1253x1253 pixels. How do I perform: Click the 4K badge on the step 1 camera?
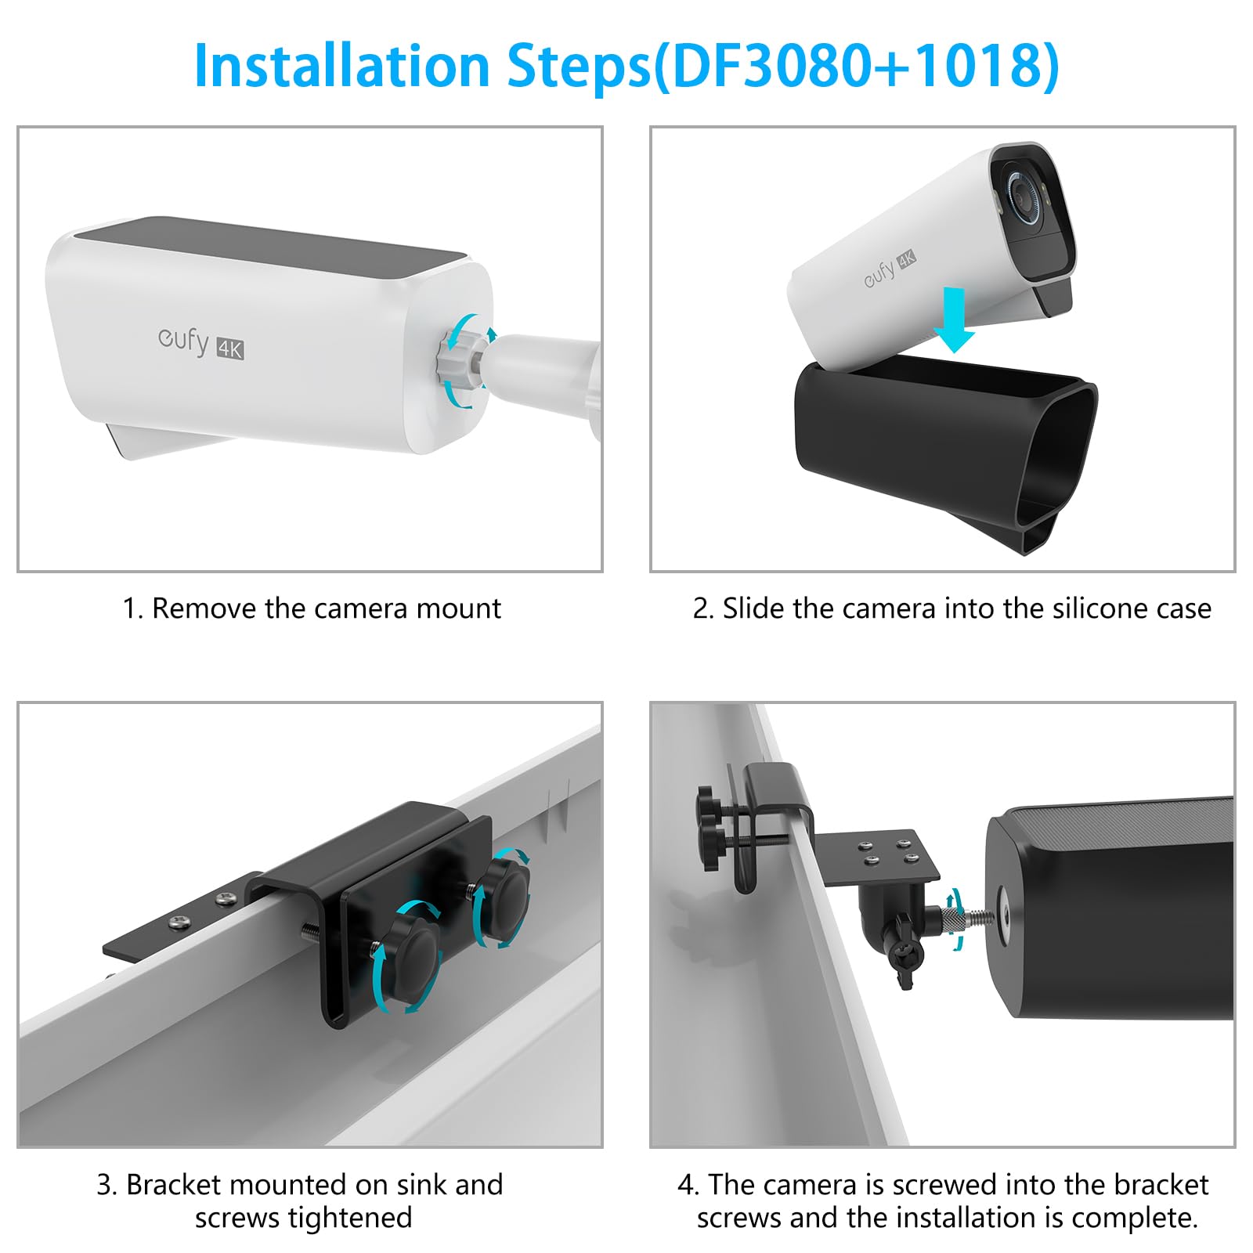coord(230,348)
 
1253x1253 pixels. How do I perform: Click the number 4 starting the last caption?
coord(686,1186)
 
